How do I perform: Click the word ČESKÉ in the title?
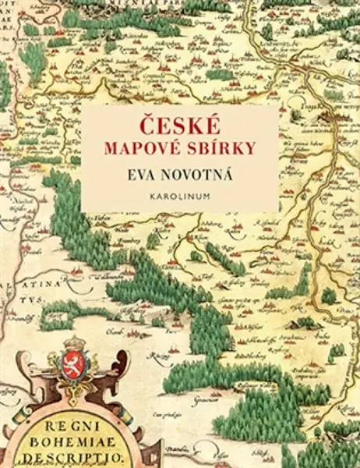click(x=180, y=124)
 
